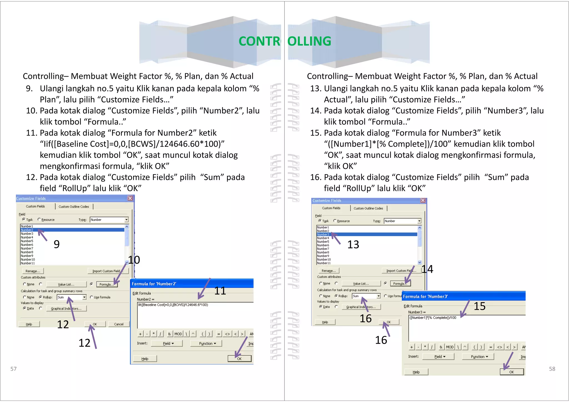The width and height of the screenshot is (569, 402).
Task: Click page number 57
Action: coord(13,369)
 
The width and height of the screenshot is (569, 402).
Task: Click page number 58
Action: coord(552,369)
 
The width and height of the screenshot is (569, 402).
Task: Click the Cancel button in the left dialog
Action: coord(119,324)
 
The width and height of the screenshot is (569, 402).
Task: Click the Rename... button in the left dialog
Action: coord(33,271)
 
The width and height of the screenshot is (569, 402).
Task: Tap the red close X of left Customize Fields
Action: coord(130,198)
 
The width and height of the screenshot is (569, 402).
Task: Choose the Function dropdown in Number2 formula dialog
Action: coord(207,344)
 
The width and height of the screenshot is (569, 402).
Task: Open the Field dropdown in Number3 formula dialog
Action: coord(439,357)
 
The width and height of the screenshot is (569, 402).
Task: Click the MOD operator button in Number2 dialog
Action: coord(178,334)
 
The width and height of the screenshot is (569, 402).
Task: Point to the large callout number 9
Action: coord(57,244)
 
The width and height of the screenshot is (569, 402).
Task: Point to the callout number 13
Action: coord(353,245)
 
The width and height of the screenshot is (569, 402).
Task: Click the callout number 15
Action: coord(480,306)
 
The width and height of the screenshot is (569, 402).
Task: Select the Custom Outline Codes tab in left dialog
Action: coord(74,207)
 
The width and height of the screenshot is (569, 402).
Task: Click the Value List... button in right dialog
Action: coord(361,284)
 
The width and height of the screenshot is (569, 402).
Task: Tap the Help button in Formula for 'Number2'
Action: coord(145,359)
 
